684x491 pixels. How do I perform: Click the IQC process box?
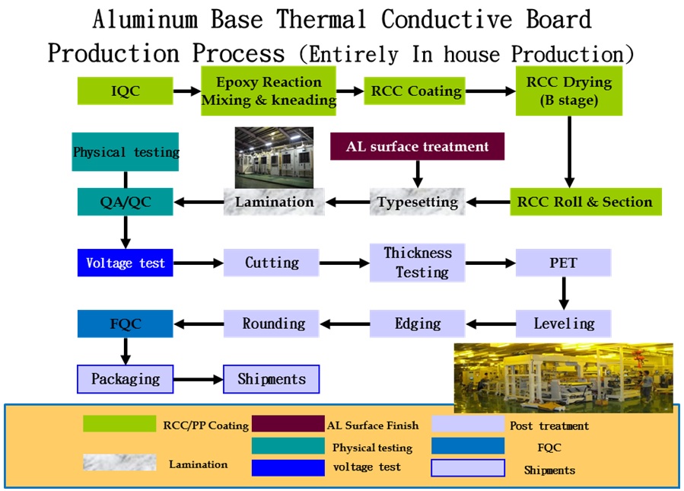pyautogui.click(x=126, y=91)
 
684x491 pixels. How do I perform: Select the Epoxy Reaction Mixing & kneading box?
pyautogui.click(x=269, y=91)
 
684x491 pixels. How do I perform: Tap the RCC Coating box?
pyautogui.click(x=415, y=91)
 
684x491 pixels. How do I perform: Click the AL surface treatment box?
pyautogui.click(x=417, y=146)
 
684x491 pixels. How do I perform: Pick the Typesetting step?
pyautogui.click(x=418, y=202)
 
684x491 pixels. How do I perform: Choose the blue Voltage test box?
pyautogui.click(x=126, y=263)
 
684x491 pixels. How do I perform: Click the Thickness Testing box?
pyautogui.click(x=418, y=263)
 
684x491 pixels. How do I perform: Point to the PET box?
pyautogui.click(x=563, y=263)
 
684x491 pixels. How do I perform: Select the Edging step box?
pyautogui.click(x=418, y=324)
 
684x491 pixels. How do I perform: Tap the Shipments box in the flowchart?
pyautogui.click(x=272, y=379)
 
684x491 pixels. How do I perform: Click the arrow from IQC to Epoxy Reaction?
pyautogui.click(x=187, y=91)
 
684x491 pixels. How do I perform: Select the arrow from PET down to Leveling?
pyautogui.click(x=564, y=293)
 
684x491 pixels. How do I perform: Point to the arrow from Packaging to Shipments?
pyautogui.click(x=199, y=379)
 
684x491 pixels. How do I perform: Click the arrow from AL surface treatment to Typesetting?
pyautogui.click(x=418, y=174)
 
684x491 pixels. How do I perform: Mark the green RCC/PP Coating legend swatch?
pyautogui.click(x=119, y=424)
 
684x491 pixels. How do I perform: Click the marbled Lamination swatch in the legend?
pyautogui.click(x=119, y=462)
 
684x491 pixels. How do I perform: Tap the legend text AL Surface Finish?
pyautogui.click(x=373, y=426)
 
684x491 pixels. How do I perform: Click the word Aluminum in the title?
pyautogui.click(x=145, y=20)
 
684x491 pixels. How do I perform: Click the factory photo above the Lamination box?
pyautogui.click(x=274, y=158)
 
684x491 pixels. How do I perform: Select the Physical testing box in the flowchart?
pyautogui.click(x=126, y=152)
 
